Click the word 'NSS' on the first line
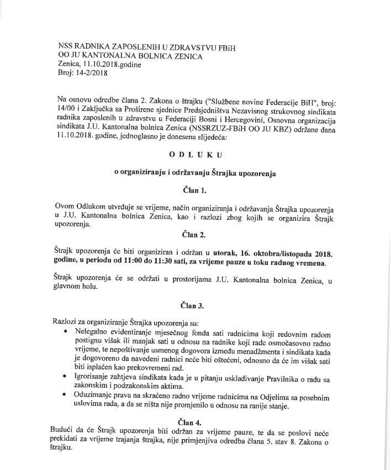point(66,46)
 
